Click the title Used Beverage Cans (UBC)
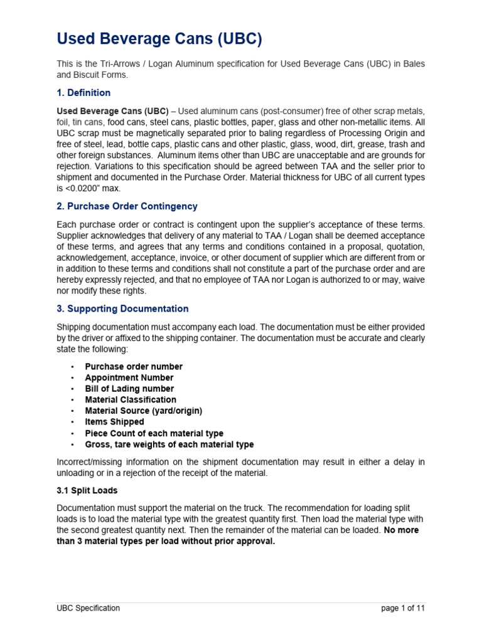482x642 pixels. (x=159, y=39)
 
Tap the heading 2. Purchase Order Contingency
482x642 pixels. (x=127, y=206)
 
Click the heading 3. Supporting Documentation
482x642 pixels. (x=122, y=308)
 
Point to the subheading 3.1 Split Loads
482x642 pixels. (x=87, y=490)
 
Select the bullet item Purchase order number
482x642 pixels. (x=134, y=366)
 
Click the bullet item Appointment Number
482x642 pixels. (x=129, y=377)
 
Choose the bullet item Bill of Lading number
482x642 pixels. (x=129, y=389)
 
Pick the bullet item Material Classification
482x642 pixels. (x=131, y=399)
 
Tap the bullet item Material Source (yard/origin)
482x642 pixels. (x=144, y=411)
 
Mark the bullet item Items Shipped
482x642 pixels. (x=115, y=422)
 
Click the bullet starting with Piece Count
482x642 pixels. (x=154, y=433)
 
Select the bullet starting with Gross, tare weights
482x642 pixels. (x=169, y=445)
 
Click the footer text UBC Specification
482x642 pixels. (x=88, y=608)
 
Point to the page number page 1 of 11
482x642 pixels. (x=403, y=608)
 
